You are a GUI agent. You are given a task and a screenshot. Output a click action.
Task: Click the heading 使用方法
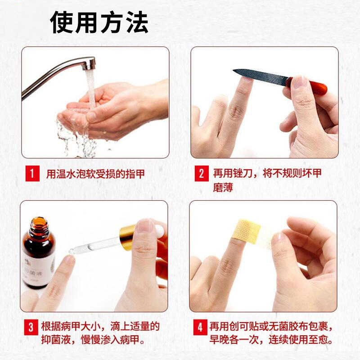tap(99, 22)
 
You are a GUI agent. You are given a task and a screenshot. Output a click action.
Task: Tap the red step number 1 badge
tap(32, 173)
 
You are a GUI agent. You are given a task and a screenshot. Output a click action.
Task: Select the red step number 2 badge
tap(201, 173)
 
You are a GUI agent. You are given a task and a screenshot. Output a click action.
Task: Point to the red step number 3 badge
tap(31, 327)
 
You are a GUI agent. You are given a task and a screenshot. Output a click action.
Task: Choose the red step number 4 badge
tap(200, 327)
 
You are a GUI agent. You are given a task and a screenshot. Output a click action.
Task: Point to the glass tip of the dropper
tap(72, 251)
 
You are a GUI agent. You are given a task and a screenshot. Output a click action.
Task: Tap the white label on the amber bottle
tap(39, 270)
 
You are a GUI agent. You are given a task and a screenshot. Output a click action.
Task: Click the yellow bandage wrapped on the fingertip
tap(246, 231)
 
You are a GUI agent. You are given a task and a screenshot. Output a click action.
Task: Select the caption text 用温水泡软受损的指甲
tap(95, 174)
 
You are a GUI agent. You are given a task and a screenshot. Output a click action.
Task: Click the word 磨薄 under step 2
tap(223, 187)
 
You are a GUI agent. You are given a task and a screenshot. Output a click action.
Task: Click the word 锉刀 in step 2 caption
tap(243, 173)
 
